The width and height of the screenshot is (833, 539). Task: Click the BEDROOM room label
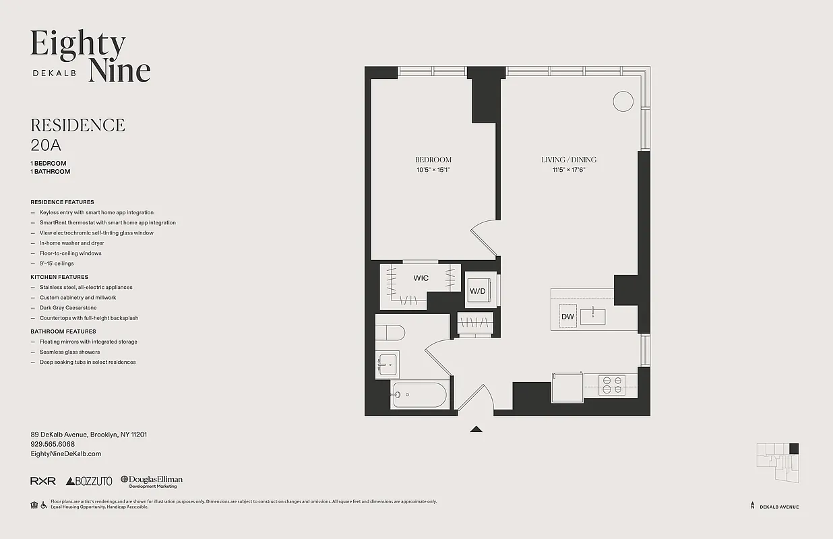pos(433,160)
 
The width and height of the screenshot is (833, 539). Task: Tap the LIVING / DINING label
pos(569,160)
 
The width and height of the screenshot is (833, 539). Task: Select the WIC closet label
pos(421,278)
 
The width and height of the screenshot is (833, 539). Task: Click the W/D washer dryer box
pos(478,290)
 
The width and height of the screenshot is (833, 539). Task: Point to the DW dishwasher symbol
pos(567,316)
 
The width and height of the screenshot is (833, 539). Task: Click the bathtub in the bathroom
pos(419,395)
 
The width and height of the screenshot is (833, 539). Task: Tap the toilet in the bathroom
pos(390,332)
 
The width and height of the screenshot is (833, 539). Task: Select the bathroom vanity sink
pos(388,364)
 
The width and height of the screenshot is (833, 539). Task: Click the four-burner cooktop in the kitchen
pos(612,385)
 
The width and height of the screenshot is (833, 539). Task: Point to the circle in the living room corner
pos(623,102)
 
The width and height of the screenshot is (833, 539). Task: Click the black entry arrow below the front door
pos(476,429)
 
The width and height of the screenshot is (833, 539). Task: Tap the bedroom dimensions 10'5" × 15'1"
pos(433,170)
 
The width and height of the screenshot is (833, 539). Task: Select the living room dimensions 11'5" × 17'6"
pos(569,170)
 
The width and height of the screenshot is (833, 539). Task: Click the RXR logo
pos(43,481)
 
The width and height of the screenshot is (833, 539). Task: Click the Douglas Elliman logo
pos(152,481)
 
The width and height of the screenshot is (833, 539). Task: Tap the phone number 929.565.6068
pos(53,444)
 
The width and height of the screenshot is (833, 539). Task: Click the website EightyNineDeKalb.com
pos(65,454)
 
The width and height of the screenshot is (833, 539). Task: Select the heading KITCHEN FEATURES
pos(59,277)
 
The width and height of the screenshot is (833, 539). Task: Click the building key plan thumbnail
pos(778,462)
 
